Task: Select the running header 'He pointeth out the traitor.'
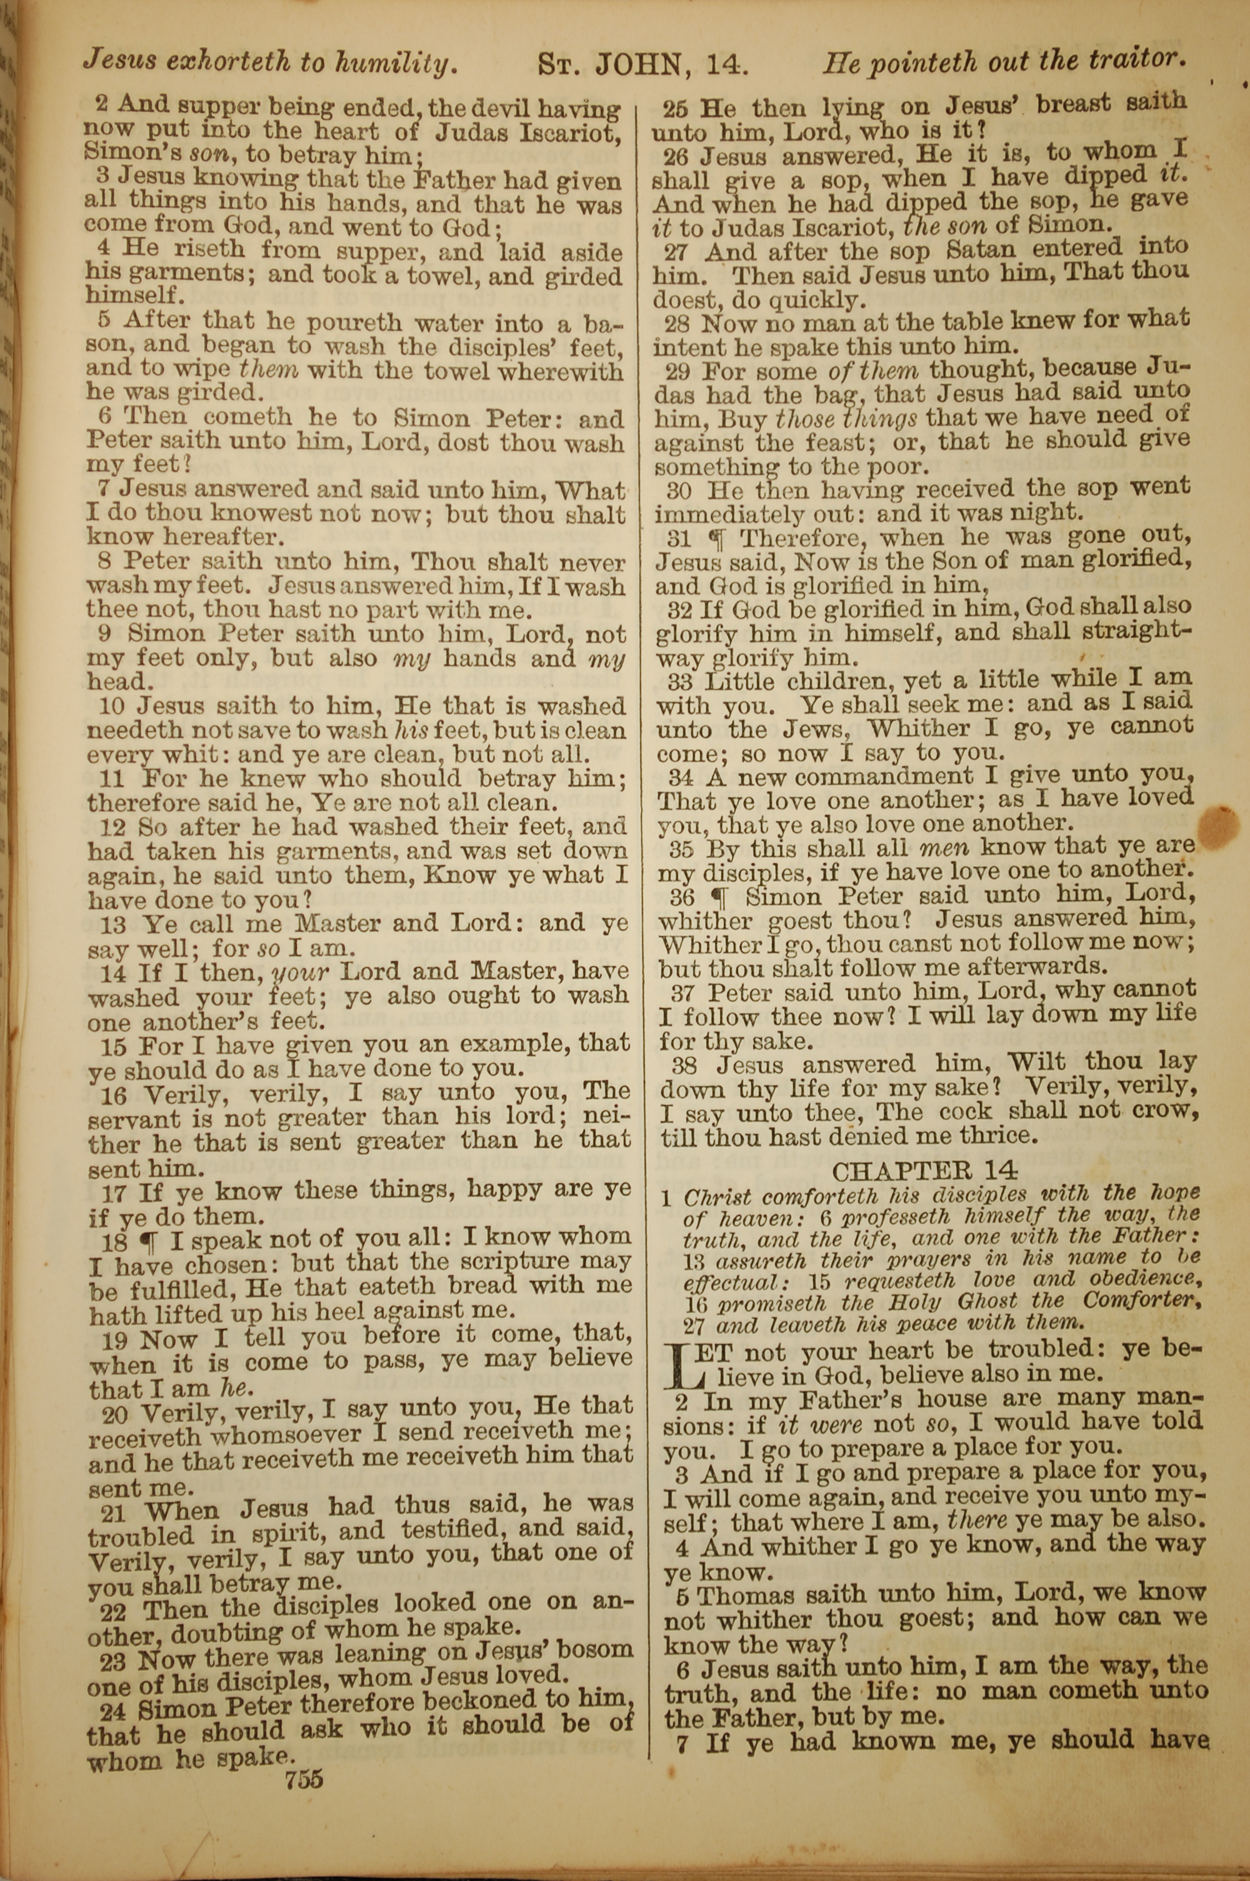pyautogui.click(x=1004, y=61)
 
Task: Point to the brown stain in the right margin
pyautogui.click(x=1217, y=827)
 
